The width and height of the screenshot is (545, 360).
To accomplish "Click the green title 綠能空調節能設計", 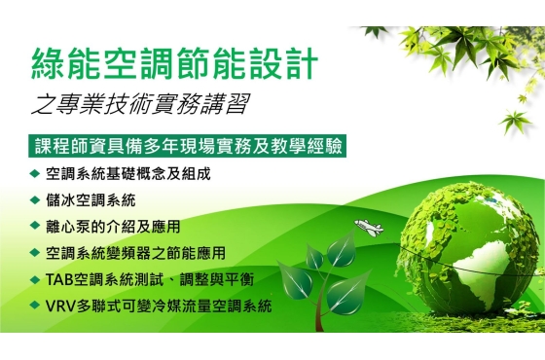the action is click(x=175, y=64).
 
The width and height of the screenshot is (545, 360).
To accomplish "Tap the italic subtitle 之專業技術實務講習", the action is click(x=141, y=103).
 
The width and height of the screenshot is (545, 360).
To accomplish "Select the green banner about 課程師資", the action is click(x=187, y=146).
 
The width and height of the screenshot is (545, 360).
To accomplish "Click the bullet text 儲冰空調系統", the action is click(x=91, y=200).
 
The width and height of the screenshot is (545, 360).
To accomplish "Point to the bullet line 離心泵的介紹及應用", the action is click(x=113, y=227).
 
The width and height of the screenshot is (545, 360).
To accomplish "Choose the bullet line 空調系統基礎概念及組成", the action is click(x=128, y=174).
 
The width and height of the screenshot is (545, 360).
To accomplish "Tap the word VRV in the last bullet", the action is click(x=60, y=306).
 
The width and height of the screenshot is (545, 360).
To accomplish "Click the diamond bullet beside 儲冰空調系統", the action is click(x=35, y=199).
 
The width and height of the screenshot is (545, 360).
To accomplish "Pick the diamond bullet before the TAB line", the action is click(x=35, y=279).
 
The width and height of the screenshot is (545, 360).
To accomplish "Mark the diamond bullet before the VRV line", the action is click(x=35, y=306).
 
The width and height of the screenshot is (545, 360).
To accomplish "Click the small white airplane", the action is click(x=369, y=228).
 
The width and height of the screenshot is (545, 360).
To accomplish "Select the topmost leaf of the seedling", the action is click(x=342, y=249).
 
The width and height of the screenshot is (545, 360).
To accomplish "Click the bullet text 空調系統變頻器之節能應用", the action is click(x=135, y=253).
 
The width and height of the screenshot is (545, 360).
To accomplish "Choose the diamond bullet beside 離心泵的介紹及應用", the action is click(x=35, y=226).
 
